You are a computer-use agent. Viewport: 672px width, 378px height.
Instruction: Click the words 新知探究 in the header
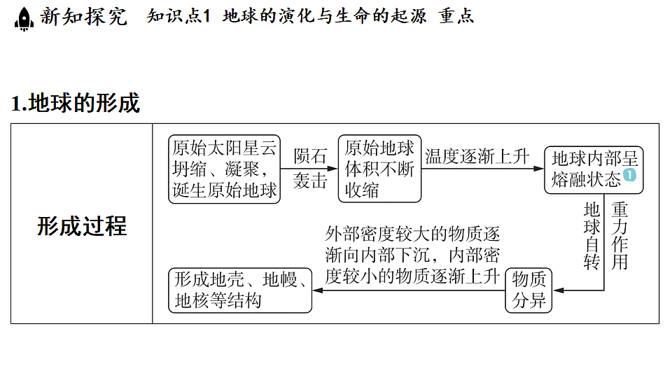point(83,17)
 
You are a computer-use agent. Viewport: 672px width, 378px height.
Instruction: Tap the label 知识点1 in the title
point(178,16)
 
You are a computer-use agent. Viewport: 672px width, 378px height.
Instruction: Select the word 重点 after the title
point(456,16)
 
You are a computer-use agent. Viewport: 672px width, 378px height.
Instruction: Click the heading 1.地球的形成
point(76,103)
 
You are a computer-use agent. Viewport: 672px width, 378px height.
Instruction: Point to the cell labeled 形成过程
point(82,226)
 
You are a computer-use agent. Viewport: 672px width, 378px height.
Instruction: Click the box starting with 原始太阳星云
point(224,169)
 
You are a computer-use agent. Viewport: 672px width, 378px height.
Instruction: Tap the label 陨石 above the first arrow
point(310,156)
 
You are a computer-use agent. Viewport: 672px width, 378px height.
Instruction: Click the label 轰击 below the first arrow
point(310,181)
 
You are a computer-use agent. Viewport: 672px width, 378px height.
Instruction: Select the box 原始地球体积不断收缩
point(379,169)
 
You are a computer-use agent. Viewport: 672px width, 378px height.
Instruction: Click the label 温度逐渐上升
point(477,156)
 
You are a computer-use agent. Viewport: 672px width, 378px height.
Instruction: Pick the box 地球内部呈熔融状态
point(594,169)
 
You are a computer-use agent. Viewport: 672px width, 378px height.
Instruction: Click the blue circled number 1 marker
point(629,175)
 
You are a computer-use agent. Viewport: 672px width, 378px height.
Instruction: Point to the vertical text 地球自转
point(592,236)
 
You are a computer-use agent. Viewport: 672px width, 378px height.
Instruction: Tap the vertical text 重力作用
point(619,236)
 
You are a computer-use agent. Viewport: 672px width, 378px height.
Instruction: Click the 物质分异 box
point(528,290)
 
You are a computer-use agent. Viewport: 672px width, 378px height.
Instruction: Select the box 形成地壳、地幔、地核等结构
point(240,290)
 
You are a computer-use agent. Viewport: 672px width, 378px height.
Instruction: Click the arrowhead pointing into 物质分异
point(559,290)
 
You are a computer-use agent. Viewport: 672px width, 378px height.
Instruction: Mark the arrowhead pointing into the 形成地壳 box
point(318,290)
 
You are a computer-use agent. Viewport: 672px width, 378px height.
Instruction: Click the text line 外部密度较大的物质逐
point(412,234)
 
